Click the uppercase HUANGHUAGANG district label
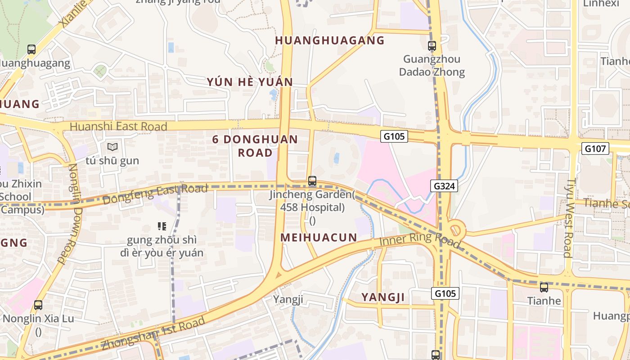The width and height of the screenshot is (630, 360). [330, 40]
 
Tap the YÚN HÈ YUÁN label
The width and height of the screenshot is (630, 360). [250, 82]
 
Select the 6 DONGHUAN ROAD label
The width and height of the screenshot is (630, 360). [255, 145]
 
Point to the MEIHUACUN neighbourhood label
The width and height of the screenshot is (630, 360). [319, 237]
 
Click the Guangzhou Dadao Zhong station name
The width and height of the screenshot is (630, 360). [432, 66]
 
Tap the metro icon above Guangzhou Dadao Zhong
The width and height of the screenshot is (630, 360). [432, 45]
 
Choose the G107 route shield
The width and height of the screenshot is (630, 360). [595, 148]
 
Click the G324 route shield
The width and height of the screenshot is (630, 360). [445, 185]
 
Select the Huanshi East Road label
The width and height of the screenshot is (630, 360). [118, 126]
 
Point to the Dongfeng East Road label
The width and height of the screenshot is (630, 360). [155, 193]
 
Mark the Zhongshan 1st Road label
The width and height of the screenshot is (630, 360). [153, 333]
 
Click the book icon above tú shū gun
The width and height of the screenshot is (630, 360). [112, 147]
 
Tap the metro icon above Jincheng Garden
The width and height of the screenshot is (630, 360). [312, 181]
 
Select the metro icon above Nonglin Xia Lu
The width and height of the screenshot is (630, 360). [38, 305]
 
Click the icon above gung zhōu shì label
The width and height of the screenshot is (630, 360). [162, 226]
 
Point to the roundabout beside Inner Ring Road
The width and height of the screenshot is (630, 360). [456, 229]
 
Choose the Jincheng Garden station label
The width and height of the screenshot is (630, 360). [312, 201]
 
